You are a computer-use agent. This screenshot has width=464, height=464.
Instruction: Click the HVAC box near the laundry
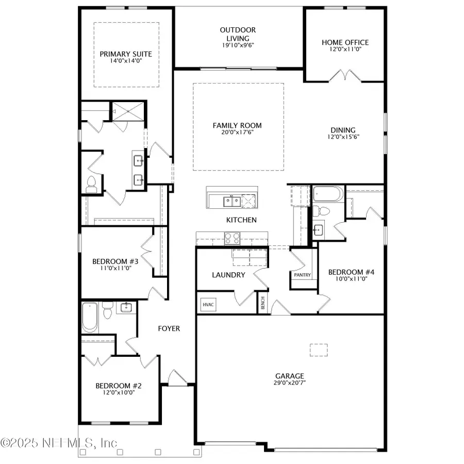tap(208, 305)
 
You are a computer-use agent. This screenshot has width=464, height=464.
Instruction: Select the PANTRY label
tap(302, 275)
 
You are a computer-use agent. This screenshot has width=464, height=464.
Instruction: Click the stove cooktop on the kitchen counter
tap(231, 238)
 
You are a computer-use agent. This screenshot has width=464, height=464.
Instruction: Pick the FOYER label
tap(169, 328)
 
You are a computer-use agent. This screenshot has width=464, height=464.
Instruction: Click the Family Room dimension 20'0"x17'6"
tap(238, 132)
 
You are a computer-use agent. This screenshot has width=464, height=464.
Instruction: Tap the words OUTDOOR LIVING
tap(238, 34)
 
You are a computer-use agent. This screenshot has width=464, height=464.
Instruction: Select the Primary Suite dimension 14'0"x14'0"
tap(122, 61)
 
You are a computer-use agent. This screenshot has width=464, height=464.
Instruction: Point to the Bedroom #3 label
tap(115, 261)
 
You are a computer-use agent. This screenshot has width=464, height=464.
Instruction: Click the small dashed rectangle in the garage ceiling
tap(319, 350)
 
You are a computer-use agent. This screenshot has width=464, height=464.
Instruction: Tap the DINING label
tap(343, 130)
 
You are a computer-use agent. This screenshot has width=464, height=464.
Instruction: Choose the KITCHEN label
tap(241, 220)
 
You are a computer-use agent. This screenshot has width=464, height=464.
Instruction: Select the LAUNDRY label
tap(228, 275)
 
